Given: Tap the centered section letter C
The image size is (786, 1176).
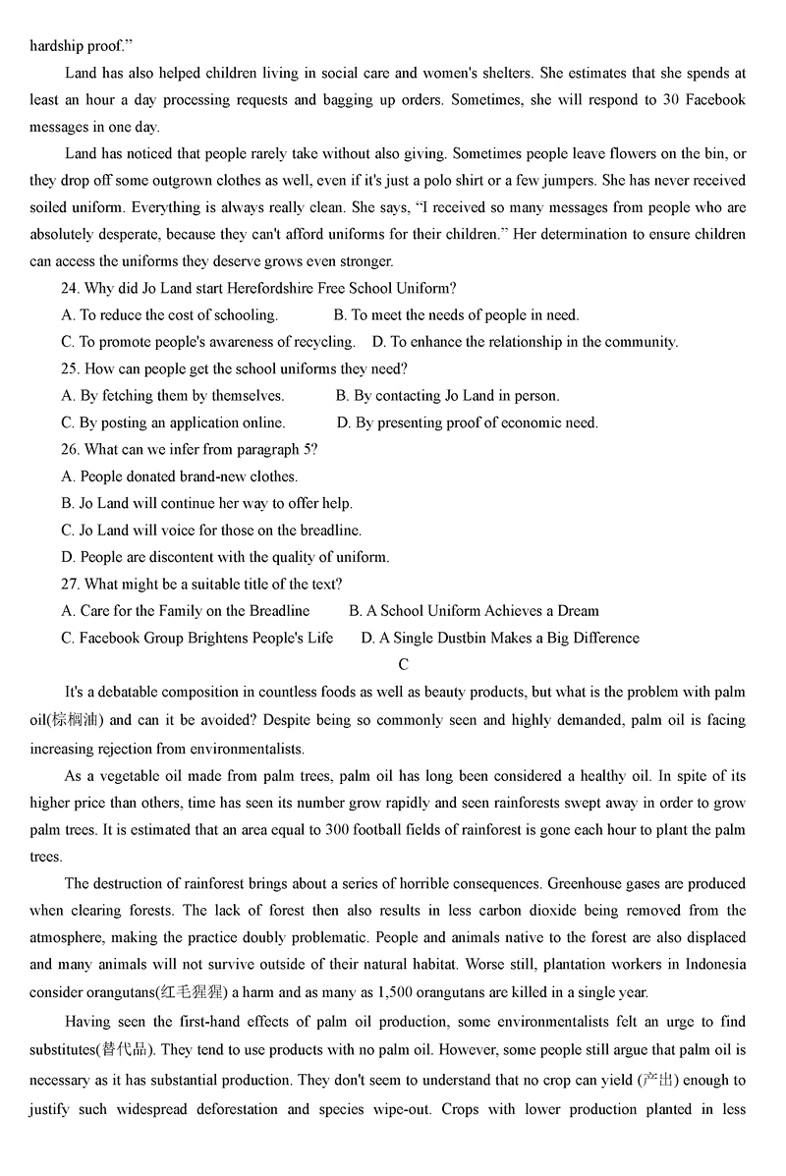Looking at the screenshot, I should (403, 665).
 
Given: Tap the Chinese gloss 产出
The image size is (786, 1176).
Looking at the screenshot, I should (657, 1081).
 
